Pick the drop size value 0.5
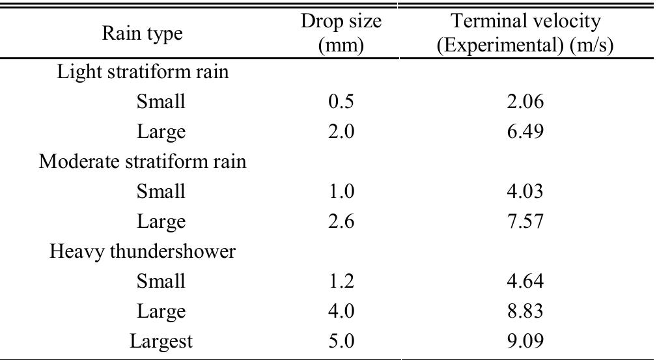(x=341, y=102)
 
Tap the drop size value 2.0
(x=341, y=132)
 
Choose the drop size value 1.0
(x=341, y=191)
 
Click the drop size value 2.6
(x=341, y=221)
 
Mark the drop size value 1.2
(x=341, y=281)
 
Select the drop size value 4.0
(x=341, y=311)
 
